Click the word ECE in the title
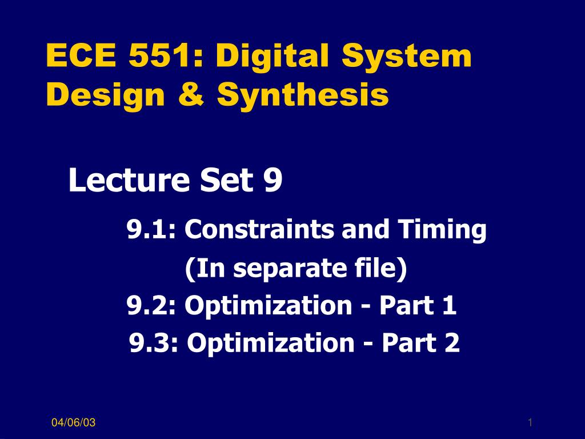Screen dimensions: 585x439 [x=81, y=55]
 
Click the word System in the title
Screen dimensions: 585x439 [x=407, y=56]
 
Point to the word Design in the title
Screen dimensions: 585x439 [x=106, y=95]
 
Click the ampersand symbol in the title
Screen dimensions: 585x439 [x=191, y=94]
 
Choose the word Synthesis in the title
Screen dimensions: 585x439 [x=303, y=95]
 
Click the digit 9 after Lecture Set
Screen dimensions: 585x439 [x=273, y=181]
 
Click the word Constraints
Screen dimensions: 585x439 [x=259, y=229]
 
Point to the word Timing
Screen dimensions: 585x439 [x=442, y=230]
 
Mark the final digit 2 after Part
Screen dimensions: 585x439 [x=452, y=343]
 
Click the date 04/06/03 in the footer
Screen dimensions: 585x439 [x=74, y=422]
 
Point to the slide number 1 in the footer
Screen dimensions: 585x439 [x=530, y=422]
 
